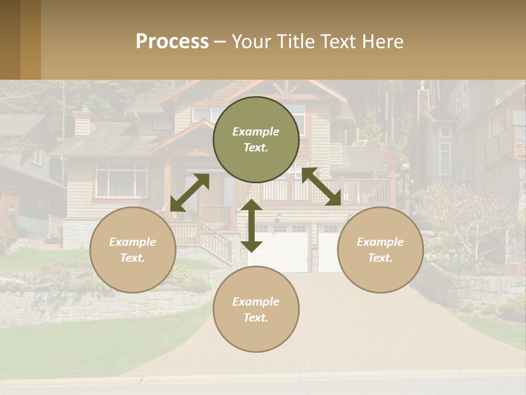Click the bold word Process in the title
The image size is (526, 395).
[172, 42]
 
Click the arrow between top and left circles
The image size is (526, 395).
[190, 193]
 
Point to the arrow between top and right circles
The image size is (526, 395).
[321, 187]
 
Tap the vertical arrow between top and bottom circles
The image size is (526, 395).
[251, 225]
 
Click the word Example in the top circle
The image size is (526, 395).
[256, 132]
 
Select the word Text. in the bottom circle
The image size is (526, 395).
[256, 318]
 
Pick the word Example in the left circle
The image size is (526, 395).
[133, 242]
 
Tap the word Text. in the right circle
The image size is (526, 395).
[380, 258]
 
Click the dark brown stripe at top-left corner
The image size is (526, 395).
[10, 39]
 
